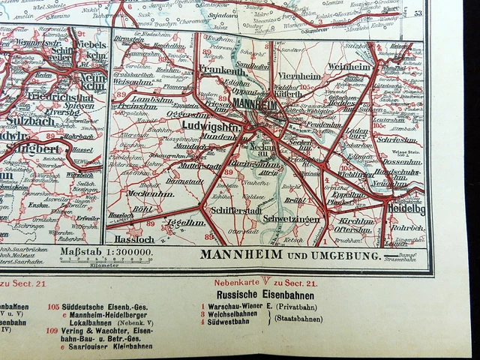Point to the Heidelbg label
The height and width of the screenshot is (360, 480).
point(405,209)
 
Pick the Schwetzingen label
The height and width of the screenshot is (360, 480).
point(292,219)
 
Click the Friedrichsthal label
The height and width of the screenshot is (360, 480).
point(66,97)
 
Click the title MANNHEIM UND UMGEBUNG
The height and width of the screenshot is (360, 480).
point(288,256)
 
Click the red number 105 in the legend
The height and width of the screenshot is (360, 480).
point(53,306)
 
